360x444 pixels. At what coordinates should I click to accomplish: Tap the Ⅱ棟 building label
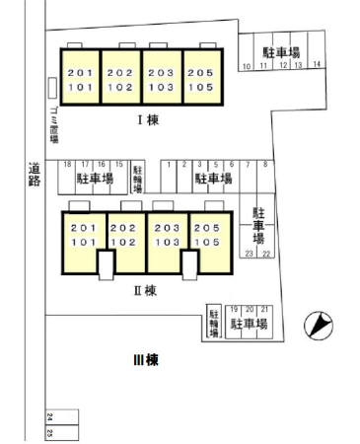tap(145, 290)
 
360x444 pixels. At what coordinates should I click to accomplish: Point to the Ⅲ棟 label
tap(145, 361)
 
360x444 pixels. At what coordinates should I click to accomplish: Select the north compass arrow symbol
tap(319, 324)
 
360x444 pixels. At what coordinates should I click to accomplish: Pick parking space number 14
tap(317, 65)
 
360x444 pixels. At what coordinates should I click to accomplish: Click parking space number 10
tap(247, 66)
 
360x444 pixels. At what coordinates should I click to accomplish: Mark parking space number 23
tap(250, 254)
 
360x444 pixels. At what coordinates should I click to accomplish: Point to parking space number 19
tap(234, 309)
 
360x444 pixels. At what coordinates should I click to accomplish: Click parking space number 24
tap(48, 418)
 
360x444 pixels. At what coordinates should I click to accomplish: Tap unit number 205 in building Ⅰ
tap(202, 73)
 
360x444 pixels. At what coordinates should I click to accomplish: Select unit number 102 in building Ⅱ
tap(123, 242)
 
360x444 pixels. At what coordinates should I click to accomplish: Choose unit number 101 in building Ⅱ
tap(83, 242)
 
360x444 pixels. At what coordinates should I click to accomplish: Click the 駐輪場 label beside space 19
tap(213, 324)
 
